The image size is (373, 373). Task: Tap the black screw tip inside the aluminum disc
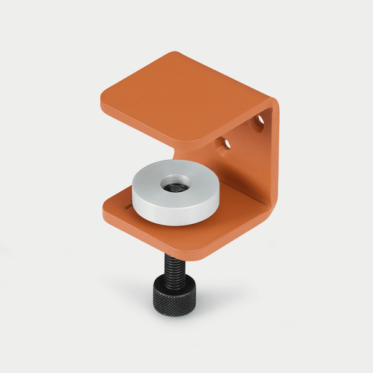(x=175, y=185)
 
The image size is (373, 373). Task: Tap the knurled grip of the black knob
(x=173, y=303)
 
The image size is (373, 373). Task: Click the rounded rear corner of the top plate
(x=177, y=55)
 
